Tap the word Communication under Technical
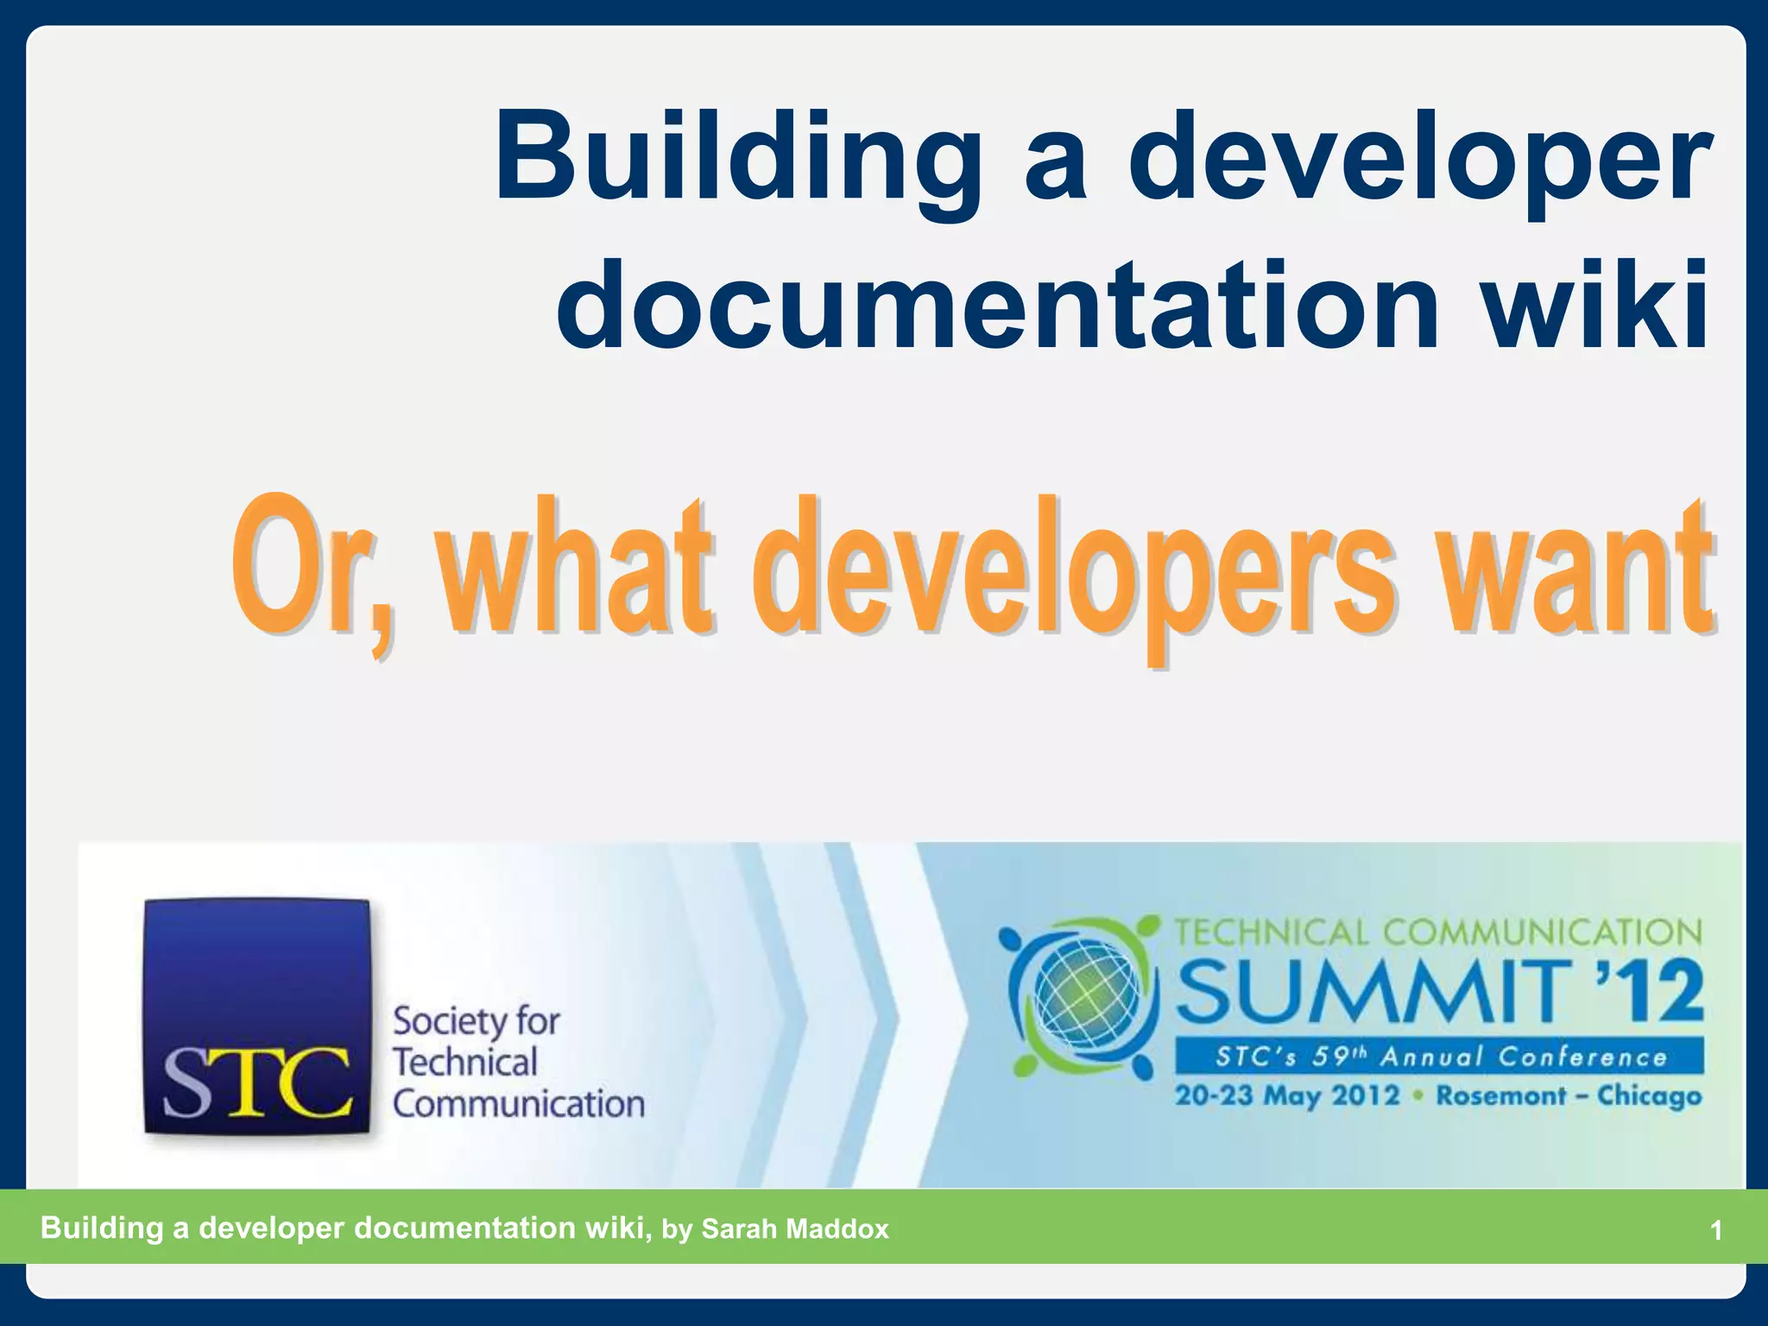[518, 1104]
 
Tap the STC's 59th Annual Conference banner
[1439, 1057]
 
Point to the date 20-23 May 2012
[1286, 1096]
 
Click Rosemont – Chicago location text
[1569, 1096]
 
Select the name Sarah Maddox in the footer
[794, 1228]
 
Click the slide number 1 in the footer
[1716, 1230]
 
